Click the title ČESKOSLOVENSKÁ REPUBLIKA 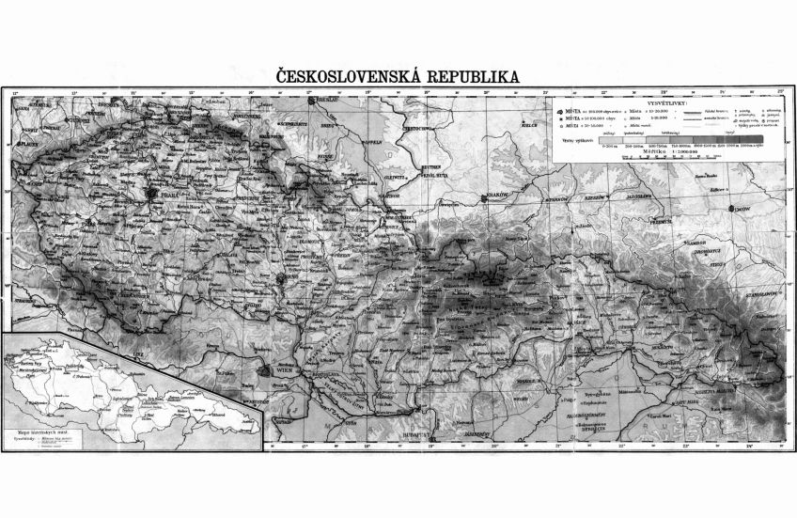click(394, 75)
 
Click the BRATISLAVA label click(326, 383)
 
